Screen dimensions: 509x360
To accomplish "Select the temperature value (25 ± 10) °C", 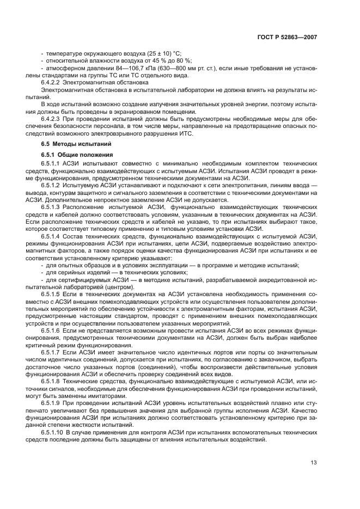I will (162, 53).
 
